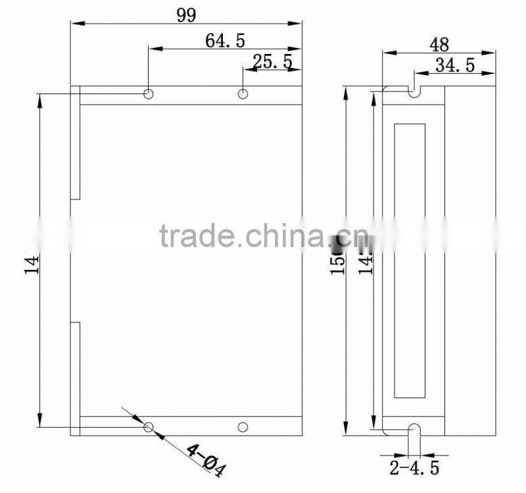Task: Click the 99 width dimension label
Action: tap(186, 14)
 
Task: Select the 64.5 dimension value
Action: tap(225, 41)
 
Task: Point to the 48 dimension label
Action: tap(439, 44)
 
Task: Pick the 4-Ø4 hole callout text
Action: tap(206, 460)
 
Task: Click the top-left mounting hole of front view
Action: tap(149, 94)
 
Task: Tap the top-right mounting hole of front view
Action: tap(243, 94)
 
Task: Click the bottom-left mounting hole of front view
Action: tap(149, 427)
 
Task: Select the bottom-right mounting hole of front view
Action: tap(243, 427)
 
